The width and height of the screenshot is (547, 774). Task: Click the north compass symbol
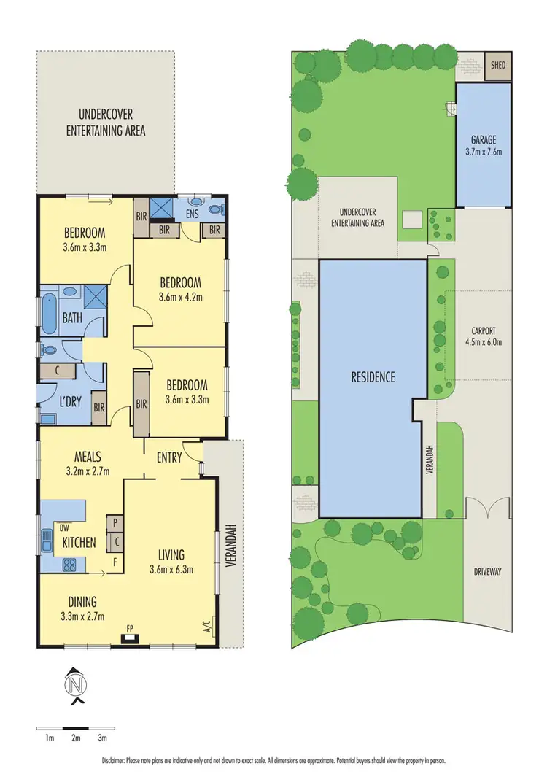tap(76, 686)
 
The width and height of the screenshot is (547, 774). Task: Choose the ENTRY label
tap(169, 457)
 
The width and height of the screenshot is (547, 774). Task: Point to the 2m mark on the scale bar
tap(76, 738)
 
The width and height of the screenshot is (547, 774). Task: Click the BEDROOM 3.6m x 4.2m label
tap(180, 289)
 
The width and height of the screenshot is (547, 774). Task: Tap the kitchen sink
tap(47, 541)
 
